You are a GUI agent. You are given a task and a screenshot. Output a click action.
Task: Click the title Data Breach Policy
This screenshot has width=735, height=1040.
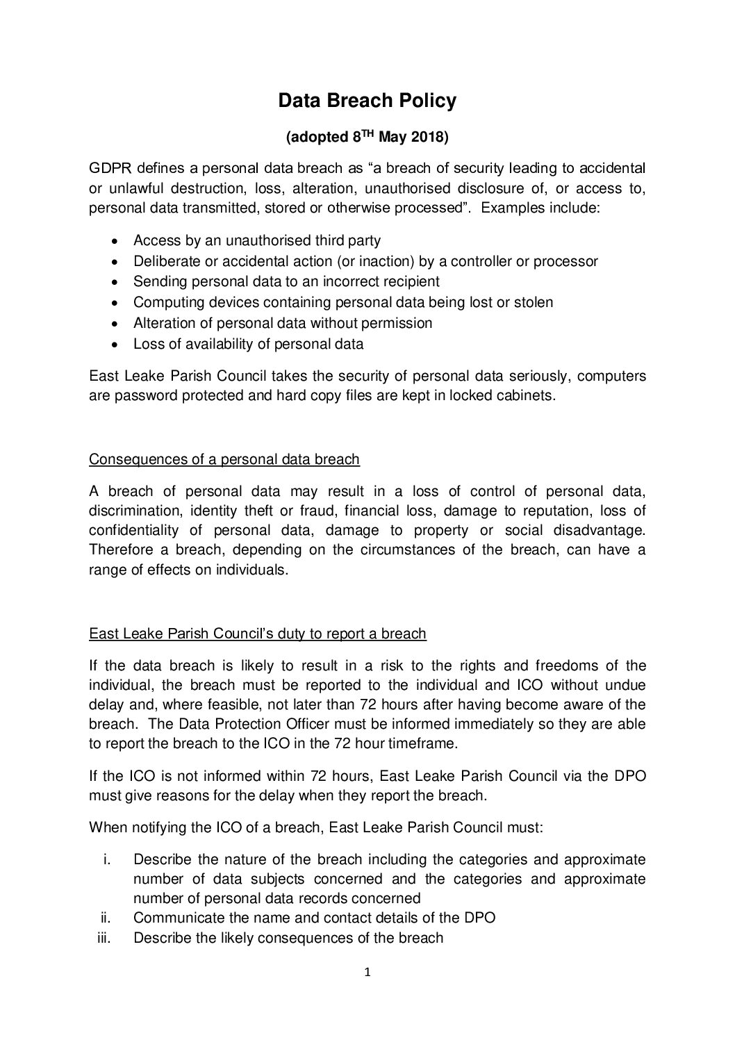pyautogui.click(x=367, y=101)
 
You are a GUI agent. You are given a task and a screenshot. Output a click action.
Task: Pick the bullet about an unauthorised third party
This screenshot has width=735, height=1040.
pyautogui.click(x=256, y=241)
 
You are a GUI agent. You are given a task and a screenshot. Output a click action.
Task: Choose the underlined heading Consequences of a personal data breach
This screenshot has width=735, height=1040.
pyautogui.click(x=224, y=459)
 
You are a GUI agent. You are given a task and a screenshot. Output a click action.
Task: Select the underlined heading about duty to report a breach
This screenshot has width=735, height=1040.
pyautogui.click(x=258, y=634)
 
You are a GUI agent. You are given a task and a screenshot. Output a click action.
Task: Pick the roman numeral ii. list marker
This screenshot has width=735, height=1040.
pyautogui.click(x=107, y=918)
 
